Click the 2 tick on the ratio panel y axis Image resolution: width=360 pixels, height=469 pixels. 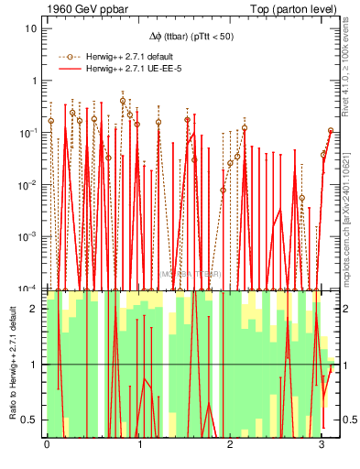[35, 309]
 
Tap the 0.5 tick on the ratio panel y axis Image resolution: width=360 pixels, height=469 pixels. [30, 420]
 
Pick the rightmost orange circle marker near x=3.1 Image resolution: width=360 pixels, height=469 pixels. [331, 131]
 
